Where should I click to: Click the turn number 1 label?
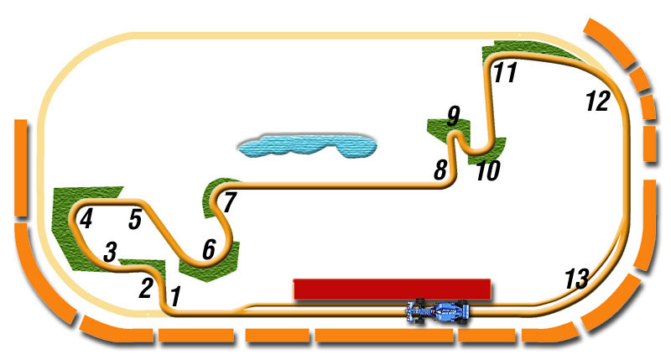[175, 295]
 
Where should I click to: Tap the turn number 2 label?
[146, 288]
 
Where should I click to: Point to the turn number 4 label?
[86, 220]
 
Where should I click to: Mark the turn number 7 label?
[230, 201]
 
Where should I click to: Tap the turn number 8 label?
[440, 170]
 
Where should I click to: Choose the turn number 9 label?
[454, 115]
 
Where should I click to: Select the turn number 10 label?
[487, 171]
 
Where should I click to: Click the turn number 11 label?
[504, 73]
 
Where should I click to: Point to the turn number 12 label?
[596, 102]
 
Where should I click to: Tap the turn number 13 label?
[576, 279]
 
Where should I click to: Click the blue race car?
[438, 311]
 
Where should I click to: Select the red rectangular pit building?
[392, 289]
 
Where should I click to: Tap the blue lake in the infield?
[304, 146]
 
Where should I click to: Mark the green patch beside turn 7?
[215, 191]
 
